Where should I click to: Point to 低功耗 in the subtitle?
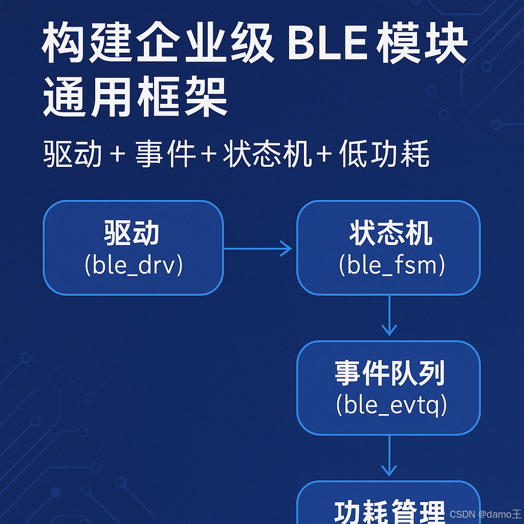pyautogui.click(x=384, y=154)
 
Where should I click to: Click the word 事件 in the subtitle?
pyautogui.click(x=165, y=154)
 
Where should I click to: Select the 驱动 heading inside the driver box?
pyautogui.click(x=132, y=233)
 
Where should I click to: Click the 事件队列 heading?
pyautogui.click(x=390, y=373)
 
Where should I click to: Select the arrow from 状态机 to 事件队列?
pyautogui.click(x=389, y=316)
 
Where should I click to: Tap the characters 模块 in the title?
pyautogui.click(x=422, y=43)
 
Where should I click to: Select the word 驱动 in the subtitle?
pyautogui.click(x=73, y=154)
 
